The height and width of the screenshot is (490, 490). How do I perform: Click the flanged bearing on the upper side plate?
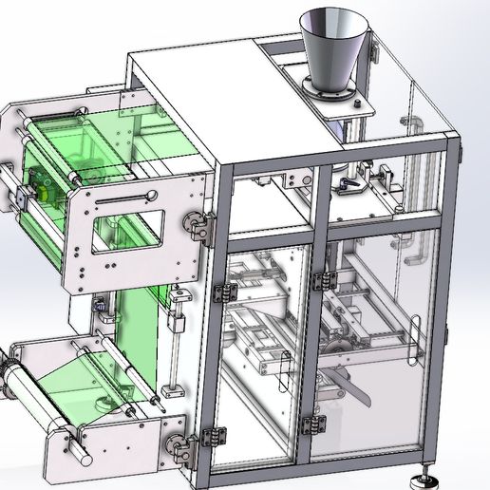pyautogui.click(x=193, y=225)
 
